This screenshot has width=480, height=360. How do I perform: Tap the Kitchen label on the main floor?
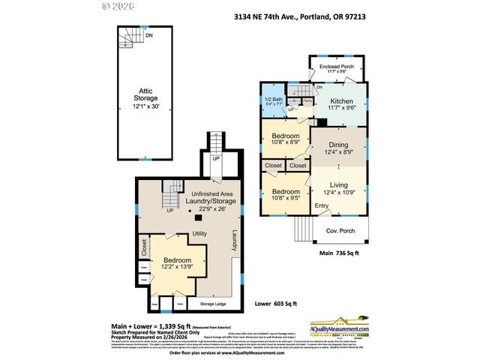(x=341, y=104)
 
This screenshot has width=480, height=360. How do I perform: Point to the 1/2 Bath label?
(x=274, y=102)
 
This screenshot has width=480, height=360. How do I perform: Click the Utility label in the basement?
(x=199, y=233)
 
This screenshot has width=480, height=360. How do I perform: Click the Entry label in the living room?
(x=322, y=205)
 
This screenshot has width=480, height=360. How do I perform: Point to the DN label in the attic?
(x=149, y=35)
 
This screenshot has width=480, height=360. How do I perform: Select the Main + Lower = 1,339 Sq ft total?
(x=154, y=326)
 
